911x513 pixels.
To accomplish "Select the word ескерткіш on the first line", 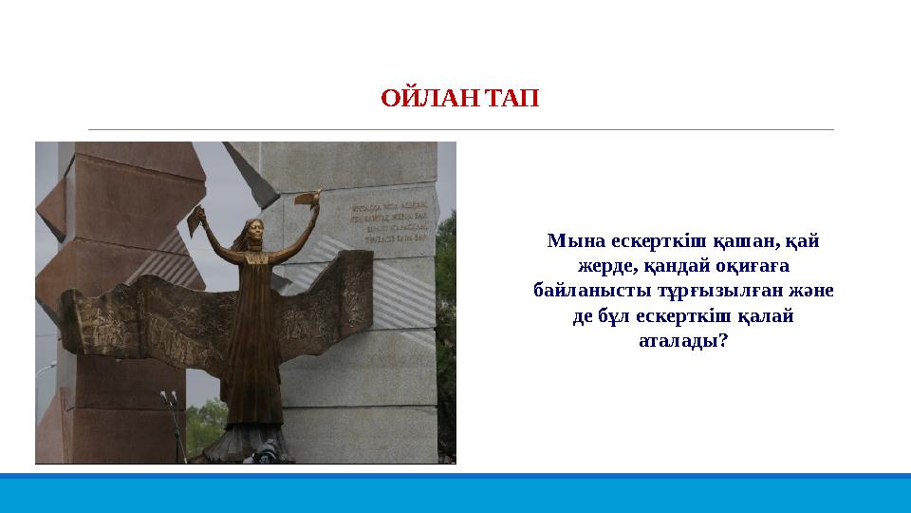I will [655, 241].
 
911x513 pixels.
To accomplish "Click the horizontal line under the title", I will [460, 129].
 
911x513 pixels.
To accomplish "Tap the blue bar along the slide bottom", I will [455, 492].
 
